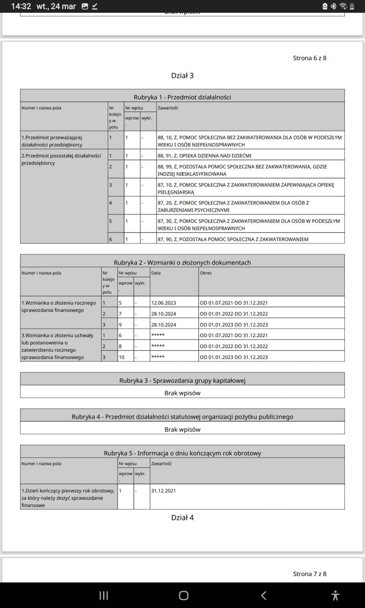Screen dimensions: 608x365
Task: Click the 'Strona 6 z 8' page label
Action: click(x=309, y=58)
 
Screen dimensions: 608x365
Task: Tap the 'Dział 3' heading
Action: click(x=182, y=76)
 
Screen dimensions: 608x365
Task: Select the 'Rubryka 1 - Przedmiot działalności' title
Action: click(x=182, y=97)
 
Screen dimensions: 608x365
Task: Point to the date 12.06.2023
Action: click(x=163, y=303)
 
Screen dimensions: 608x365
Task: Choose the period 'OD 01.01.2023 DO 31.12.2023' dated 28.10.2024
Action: click(x=234, y=325)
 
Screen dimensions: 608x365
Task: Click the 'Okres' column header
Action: click(x=206, y=273)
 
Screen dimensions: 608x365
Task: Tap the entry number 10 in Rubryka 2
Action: click(x=122, y=357)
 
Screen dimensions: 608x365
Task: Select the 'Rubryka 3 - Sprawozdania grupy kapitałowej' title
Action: click(x=182, y=381)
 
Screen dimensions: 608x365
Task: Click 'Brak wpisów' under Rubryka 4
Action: click(x=182, y=429)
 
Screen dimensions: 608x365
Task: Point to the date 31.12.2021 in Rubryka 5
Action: click(x=163, y=491)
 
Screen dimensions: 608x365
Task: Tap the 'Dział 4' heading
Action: click(x=182, y=518)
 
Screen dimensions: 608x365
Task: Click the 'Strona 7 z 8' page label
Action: click(x=309, y=574)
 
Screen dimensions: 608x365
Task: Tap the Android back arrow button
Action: click(x=263, y=595)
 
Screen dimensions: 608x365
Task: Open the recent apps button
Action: click(x=104, y=595)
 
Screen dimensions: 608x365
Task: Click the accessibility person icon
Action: click(x=336, y=595)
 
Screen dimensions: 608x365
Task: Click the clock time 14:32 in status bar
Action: click(x=21, y=6)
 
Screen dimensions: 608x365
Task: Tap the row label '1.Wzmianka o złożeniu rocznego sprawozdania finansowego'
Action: click(x=58, y=307)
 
